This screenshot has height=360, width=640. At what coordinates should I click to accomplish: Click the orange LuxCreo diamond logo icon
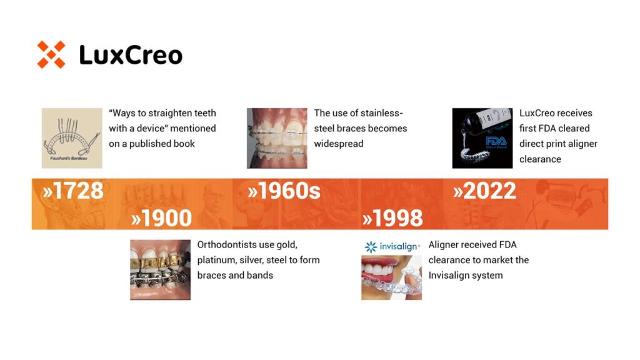coord(51,55)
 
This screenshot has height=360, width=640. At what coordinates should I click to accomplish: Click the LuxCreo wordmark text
coord(131,55)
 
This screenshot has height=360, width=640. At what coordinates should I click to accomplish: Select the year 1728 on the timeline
coord(74,191)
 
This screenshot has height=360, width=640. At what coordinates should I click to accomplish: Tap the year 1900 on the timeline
coord(162,217)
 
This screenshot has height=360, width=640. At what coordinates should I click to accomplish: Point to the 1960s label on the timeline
coord(284,191)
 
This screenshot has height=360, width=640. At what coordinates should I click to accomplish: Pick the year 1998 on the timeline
coord(392,217)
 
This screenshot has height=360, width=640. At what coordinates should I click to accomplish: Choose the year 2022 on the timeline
coord(485,191)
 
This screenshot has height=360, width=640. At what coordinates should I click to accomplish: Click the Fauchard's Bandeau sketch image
coord(72,138)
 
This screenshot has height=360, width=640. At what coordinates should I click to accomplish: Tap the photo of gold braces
coord(161,270)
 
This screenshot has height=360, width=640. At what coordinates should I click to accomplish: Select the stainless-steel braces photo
coord(277,138)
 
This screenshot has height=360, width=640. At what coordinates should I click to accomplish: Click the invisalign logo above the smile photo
coord(392,246)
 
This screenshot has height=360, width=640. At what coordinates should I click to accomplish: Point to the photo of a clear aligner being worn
coord(391,277)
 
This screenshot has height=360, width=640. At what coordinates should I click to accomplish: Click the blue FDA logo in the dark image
coord(496,142)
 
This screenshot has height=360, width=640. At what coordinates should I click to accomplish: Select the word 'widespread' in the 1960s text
coord(339,144)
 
